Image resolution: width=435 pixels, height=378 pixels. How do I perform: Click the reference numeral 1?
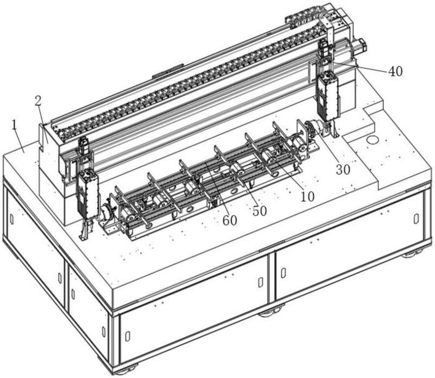click(15, 125)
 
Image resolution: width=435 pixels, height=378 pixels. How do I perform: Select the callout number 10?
click(307, 196)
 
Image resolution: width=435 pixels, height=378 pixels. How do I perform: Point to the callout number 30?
click(343, 170)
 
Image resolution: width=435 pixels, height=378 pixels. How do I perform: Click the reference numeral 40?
click(395, 71)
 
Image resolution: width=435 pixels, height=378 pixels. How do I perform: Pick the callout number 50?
click(259, 210)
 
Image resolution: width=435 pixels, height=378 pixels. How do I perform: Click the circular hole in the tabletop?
click(372, 140)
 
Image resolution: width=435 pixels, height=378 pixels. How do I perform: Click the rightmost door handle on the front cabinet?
click(416, 219)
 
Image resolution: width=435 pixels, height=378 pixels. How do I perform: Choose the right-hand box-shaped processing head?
click(328, 97)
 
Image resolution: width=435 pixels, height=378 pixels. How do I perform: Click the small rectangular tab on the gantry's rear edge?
click(169, 70)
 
